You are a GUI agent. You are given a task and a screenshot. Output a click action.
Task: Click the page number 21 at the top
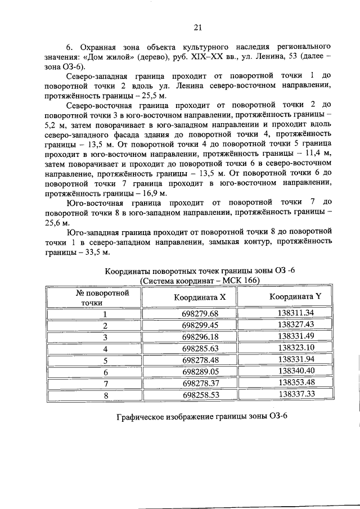pos(198,26)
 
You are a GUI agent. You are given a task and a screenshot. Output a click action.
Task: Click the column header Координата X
pos(192,297)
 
